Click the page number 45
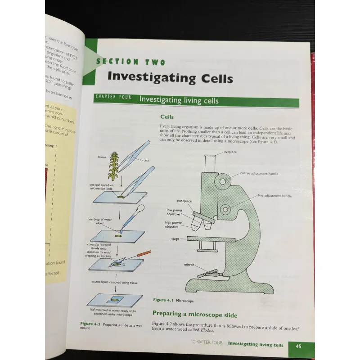298,346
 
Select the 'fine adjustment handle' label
274,196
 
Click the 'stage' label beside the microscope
175,238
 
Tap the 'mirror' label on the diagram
189,265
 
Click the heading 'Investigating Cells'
170,77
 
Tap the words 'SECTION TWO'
131,62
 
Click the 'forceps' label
144,160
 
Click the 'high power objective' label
173,225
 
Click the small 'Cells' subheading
167,117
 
